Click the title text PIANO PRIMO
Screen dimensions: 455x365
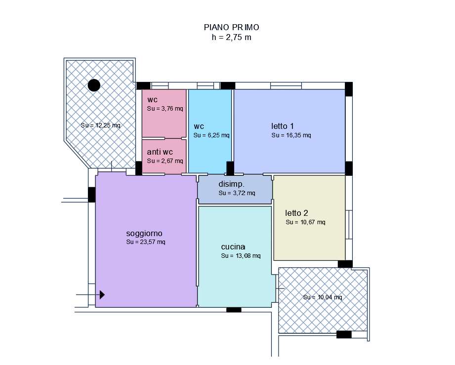pos(232,27)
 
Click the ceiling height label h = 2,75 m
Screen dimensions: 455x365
pos(232,37)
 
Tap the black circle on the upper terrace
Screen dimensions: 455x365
pos(94,85)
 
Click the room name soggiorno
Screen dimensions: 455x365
pos(144,233)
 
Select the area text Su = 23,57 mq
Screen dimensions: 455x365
pos(146,242)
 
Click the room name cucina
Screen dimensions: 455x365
pos(233,247)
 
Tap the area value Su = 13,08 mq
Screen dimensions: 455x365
pos(241,256)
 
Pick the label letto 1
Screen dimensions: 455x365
pos(283,126)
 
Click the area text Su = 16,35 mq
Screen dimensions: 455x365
pos(291,135)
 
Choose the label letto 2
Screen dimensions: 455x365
pos(296,213)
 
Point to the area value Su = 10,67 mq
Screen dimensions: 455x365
pos(306,222)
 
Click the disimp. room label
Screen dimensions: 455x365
pos(231,184)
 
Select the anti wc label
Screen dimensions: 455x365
pos(160,152)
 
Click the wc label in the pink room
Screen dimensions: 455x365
pos(152,100)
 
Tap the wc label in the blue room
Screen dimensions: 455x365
pos(199,126)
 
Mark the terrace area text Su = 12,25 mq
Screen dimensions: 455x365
pos(100,125)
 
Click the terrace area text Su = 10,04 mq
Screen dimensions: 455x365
pos(323,297)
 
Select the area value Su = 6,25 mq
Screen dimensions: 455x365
pos(211,135)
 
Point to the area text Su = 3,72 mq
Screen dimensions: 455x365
pos(237,193)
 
